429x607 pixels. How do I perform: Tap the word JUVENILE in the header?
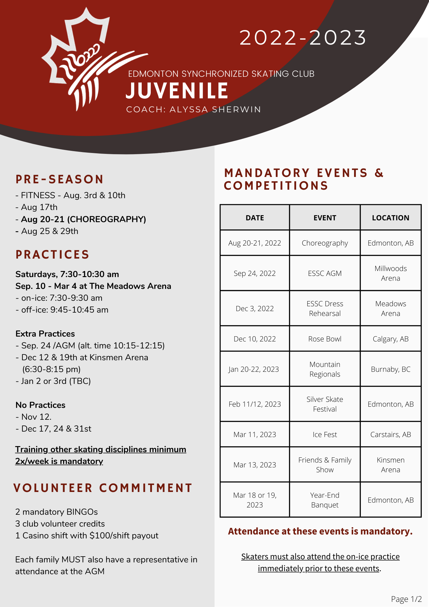click(x=177, y=91)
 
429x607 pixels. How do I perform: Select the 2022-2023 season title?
click(x=303, y=38)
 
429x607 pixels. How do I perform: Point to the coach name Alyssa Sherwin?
click(x=215, y=109)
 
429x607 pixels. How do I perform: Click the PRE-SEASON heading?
click(x=60, y=179)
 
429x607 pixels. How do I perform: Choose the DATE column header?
click(x=255, y=218)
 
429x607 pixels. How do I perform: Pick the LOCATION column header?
click(x=391, y=218)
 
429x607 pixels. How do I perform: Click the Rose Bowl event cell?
click(x=325, y=339)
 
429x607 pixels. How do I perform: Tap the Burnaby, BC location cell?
click(x=391, y=369)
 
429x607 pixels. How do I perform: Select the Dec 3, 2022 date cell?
click(x=255, y=308)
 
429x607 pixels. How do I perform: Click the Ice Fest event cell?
click(x=325, y=434)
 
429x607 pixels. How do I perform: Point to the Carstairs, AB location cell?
click(x=391, y=434)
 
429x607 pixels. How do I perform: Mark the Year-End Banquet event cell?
click(x=325, y=500)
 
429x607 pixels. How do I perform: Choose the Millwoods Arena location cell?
click(x=391, y=273)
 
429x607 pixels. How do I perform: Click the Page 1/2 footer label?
click(x=406, y=599)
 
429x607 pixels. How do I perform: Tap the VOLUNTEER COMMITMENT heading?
click(x=103, y=488)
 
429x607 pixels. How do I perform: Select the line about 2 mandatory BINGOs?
click(x=56, y=512)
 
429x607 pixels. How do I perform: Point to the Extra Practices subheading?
click(x=45, y=334)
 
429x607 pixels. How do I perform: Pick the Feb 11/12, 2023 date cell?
click(x=255, y=404)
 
